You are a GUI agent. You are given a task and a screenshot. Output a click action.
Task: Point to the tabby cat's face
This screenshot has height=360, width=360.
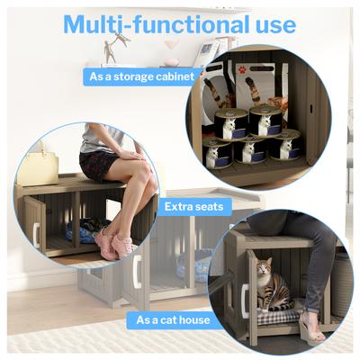(x=265, y=268)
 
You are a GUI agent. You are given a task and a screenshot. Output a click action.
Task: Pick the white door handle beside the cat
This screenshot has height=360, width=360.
(x=244, y=300)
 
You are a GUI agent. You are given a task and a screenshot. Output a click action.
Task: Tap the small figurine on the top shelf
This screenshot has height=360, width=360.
(x=110, y=49)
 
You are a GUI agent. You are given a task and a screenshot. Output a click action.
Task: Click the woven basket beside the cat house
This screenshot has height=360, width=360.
(x=343, y=288)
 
